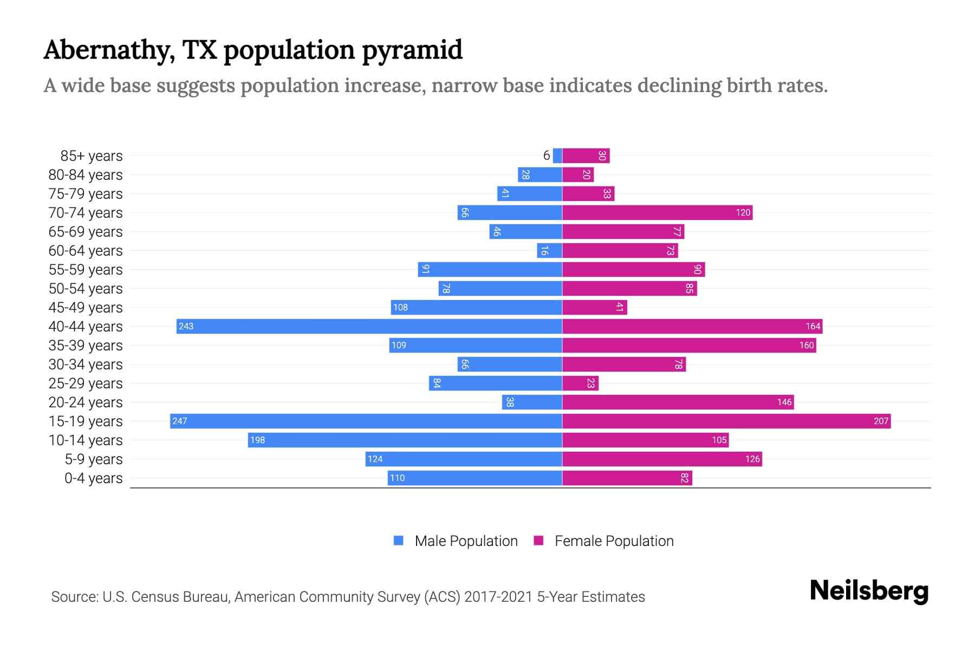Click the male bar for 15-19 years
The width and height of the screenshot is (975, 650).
point(366,421)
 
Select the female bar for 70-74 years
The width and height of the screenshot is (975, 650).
point(657,212)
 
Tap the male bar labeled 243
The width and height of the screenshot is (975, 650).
point(369,326)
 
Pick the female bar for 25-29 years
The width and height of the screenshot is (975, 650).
point(580,383)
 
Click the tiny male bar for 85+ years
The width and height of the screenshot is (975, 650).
point(557,155)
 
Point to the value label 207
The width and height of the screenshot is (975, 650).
point(881,421)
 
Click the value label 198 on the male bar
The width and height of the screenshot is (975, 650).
point(257,440)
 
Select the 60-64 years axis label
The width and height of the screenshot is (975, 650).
point(86,251)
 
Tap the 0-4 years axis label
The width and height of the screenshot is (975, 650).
point(93,478)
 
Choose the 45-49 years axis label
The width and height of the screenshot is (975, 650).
point(86,308)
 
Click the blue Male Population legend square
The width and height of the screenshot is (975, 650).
point(399,541)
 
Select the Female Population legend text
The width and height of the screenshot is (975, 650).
point(614,541)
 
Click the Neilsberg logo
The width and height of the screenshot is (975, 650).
point(869,591)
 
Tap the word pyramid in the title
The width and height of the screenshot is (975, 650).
point(412,50)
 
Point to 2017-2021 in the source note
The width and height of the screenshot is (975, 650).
point(498,596)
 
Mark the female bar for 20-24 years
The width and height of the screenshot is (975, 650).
point(678,402)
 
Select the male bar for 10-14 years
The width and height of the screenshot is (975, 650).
point(405,440)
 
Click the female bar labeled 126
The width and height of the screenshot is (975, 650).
point(662,459)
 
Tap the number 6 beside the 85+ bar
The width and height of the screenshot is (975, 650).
point(547,155)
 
